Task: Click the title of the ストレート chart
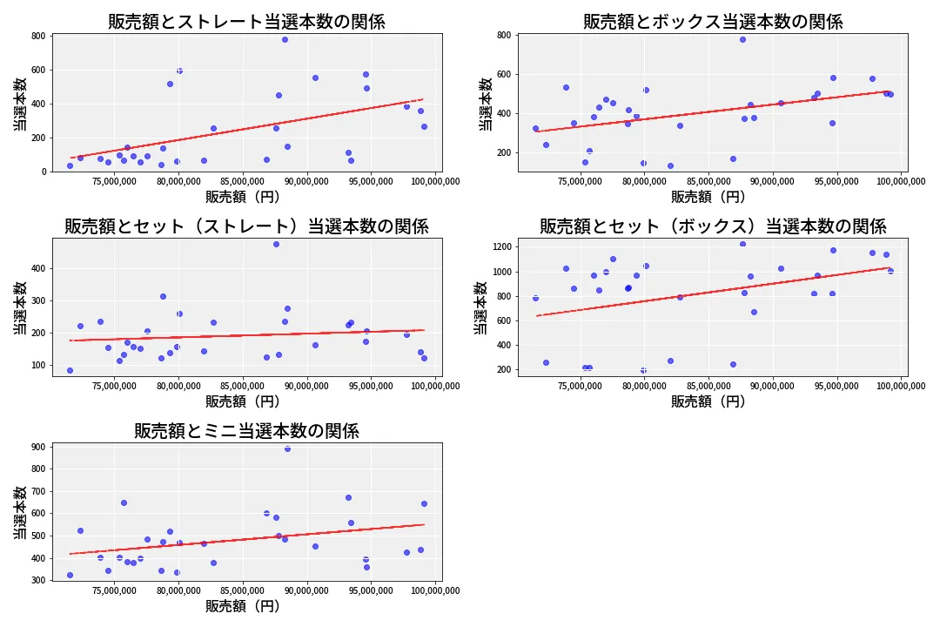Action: [246, 22]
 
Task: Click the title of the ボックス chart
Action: [713, 22]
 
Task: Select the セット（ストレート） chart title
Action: [246, 226]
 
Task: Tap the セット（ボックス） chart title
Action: [713, 226]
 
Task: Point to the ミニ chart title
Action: [246, 431]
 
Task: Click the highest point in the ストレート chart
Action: [285, 39]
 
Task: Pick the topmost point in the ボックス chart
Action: [742, 39]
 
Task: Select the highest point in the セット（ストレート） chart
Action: [276, 245]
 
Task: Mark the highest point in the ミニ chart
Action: [287, 448]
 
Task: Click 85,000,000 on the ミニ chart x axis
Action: [243, 590]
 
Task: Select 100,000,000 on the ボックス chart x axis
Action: [900, 181]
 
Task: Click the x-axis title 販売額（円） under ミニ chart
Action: [243, 606]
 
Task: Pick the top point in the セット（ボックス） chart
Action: [742, 244]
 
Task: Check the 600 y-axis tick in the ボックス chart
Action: [503, 75]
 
